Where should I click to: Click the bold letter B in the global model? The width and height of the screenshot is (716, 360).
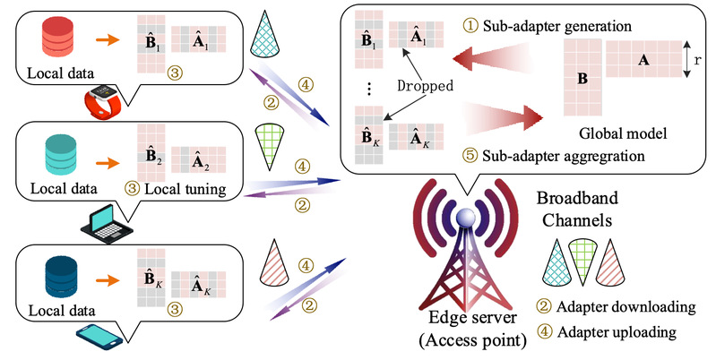point(582,79)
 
